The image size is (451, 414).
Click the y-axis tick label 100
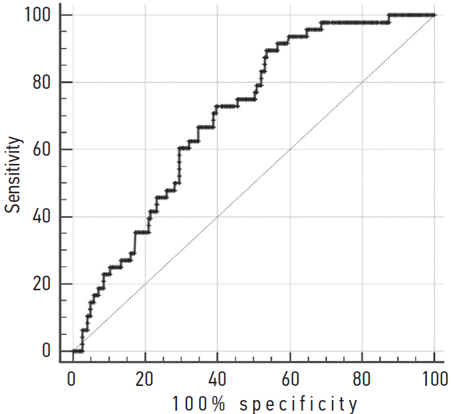click(38, 15)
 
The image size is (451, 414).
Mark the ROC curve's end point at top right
click(434, 15)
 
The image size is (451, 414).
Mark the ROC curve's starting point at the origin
click(72, 351)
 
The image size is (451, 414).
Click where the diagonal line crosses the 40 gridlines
click(217, 217)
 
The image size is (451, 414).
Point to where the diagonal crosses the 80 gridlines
click(362, 82)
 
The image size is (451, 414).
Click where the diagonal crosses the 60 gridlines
click(289, 149)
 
